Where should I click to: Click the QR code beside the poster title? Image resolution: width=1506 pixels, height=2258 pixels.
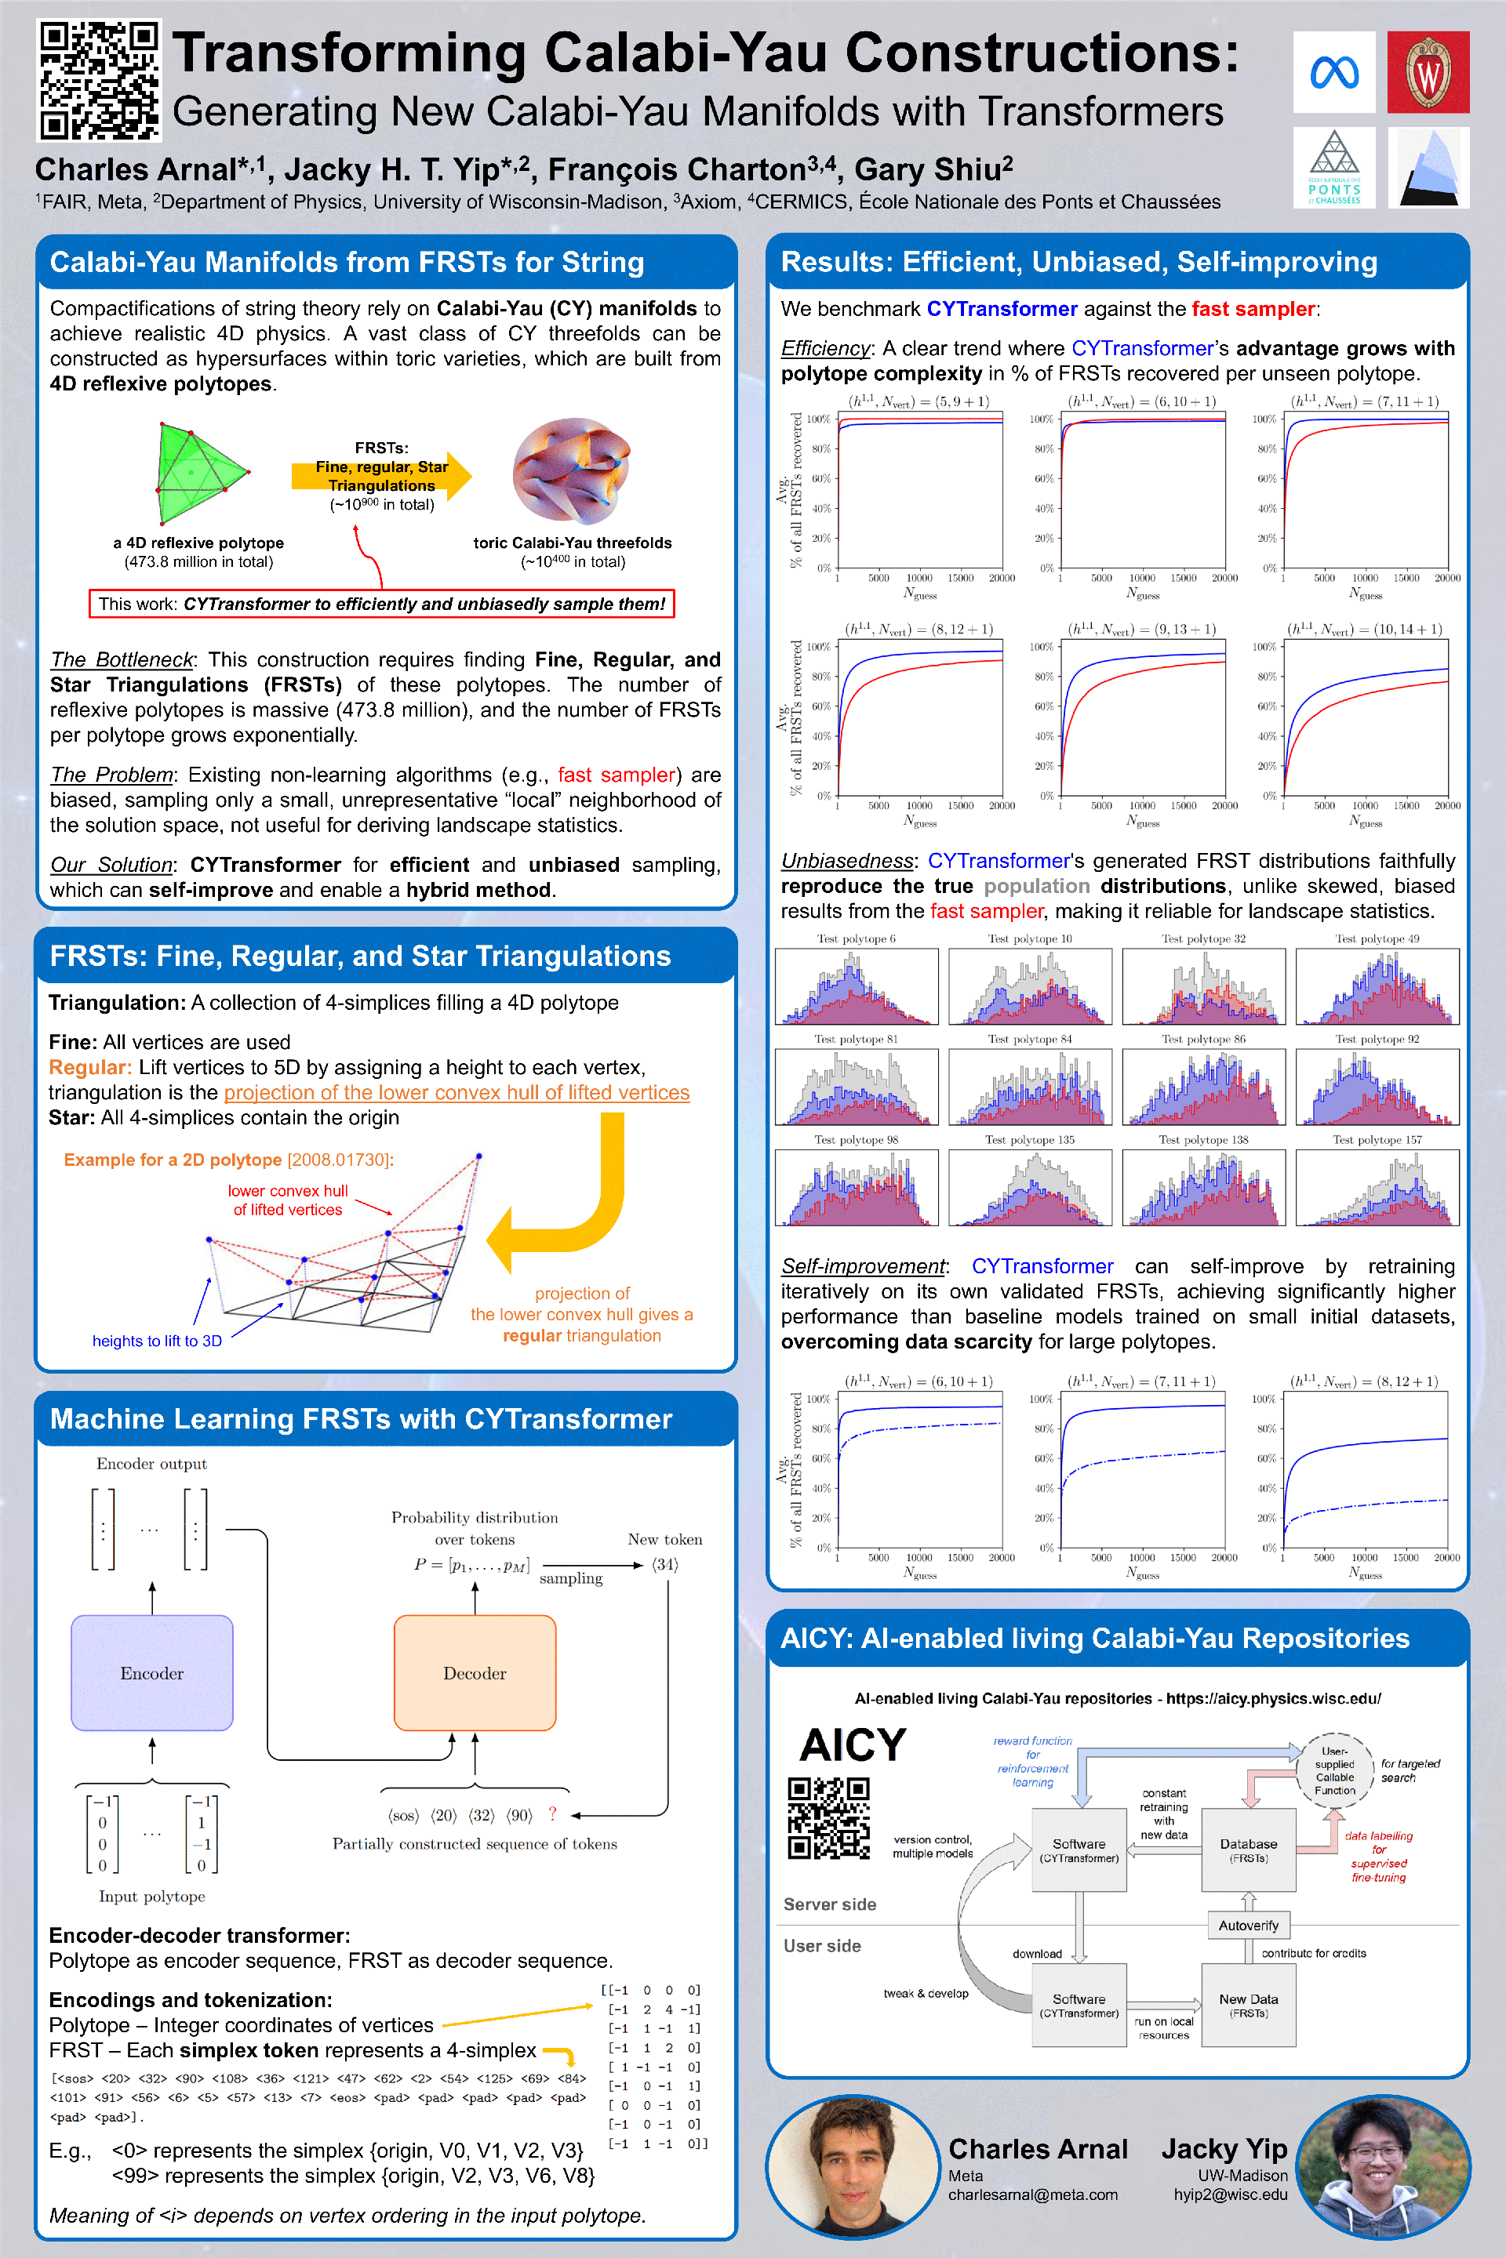pyautogui.click(x=99, y=81)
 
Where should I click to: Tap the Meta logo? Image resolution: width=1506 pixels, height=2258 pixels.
pyautogui.click(x=1333, y=72)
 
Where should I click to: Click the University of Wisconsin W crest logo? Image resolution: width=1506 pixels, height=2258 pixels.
pyautogui.click(x=1428, y=72)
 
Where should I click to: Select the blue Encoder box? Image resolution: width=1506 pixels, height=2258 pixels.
pyautogui.click(x=151, y=1672)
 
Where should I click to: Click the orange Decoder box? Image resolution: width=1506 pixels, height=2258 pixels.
pyautogui.click(x=475, y=1672)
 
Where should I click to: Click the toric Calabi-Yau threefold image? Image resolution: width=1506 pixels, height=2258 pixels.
pyautogui.click(x=573, y=471)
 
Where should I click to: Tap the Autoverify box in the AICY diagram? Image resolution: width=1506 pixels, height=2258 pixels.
pyautogui.click(x=1248, y=1925)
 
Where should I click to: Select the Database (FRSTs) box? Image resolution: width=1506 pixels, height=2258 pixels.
pyautogui.click(x=1248, y=1849)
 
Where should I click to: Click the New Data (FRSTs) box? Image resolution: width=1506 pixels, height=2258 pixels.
pyautogui.click(x=1248, y=2005)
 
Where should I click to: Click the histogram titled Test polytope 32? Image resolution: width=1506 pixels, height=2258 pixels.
pyautogui.click(x=1203, y=986)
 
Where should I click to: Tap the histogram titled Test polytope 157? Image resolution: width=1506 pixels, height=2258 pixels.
pyautogui.click(x=1377, y=1188)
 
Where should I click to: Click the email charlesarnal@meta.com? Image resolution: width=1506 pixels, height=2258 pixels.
pyautogui.click(x=1032, y=2194)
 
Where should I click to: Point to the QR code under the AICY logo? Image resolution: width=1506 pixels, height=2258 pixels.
pyautogui.click(x=828, y=1817)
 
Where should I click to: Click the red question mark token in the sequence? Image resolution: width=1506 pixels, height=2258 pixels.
pyautogui.click(x=552, y=1813)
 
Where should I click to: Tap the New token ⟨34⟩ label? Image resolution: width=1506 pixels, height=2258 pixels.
pyautogui.click(x=664, y=1564)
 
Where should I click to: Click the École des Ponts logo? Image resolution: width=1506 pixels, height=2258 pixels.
pyautogui.click(x=1333, y=168)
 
